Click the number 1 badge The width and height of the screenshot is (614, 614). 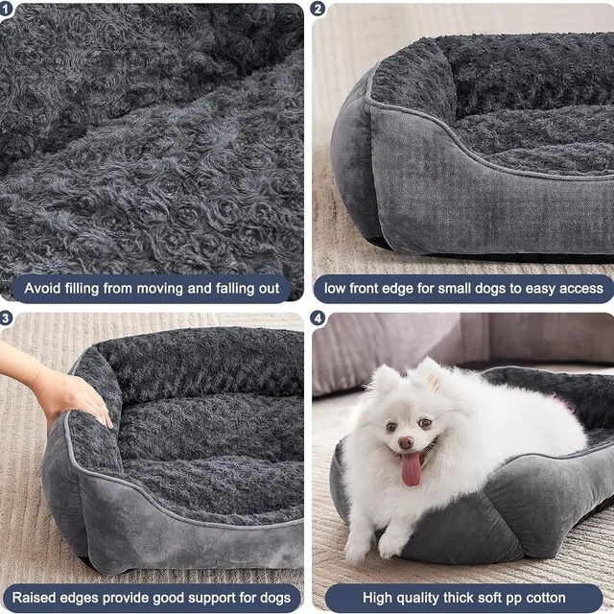(x=8, y=9)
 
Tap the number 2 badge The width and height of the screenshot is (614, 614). (x=319, y=9)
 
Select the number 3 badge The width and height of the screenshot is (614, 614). (x=8, y=319)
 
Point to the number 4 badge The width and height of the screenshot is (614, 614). (x=319, y=319)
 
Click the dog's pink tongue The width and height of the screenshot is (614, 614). (x=411, y=469)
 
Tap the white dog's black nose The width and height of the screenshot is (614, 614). (x=407, y=442)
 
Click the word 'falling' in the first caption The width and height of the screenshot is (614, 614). (x=205, y=288)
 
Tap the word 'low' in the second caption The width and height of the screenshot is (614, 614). (x=336, y=288)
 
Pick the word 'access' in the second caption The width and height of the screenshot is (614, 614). (x=579, y=288)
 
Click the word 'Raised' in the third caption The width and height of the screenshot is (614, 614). (x=35, y=598)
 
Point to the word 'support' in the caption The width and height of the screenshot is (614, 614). (x=211, y=598)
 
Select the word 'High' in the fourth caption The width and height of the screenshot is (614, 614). (x=380, y=598)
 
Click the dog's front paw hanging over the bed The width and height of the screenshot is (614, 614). (x=391, y=545)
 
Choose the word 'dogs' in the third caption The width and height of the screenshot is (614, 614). (x=274, y=598)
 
